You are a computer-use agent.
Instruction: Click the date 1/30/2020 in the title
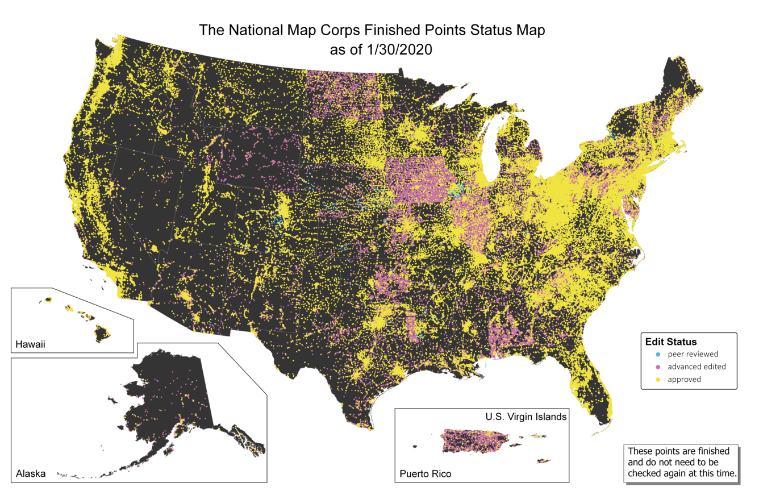(x=404, y=49)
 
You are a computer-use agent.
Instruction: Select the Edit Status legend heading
(x=671, y=342)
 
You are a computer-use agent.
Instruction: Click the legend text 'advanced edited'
(x=697, y=367)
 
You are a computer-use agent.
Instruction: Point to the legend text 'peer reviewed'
(x=693, y=354)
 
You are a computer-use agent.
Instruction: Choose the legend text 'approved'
(x=684, y=379)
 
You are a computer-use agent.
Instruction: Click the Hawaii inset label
(x=30, y=344)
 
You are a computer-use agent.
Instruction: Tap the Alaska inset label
(x=31, y=473)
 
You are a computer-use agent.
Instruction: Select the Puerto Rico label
(x=426, y=473)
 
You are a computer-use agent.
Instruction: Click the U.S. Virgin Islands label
(x=526, y=417)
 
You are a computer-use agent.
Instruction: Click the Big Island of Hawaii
(x=102, y=333)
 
